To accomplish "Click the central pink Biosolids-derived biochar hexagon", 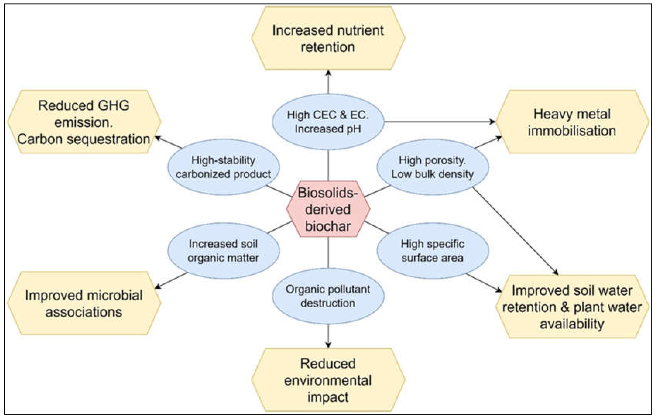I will (328, 209).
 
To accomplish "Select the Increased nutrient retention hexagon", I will (328, 38).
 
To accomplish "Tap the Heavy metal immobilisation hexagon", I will (572, 122).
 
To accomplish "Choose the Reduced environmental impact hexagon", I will (328, 380).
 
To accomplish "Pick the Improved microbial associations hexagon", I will (84, 303).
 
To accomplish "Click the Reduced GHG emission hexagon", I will (84, 122).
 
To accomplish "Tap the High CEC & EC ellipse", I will (328, 122).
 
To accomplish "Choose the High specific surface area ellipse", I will (433, 251).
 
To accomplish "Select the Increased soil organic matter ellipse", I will (223, 251).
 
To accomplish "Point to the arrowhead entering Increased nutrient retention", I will (328, 73).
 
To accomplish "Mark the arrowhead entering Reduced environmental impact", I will (328, 345).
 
